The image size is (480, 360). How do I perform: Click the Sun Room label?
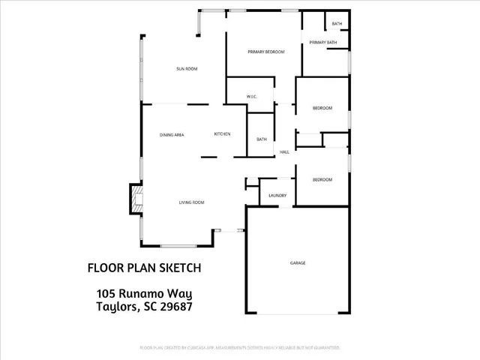tap(187, 69)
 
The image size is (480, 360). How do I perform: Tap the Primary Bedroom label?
tap(266, 52)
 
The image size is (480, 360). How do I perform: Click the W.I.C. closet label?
tap(253, 97)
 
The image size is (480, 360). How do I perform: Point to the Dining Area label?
tap(172, 134)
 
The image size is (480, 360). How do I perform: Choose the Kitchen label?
tap(222, 133)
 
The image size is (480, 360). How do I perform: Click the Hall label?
tap(284, 152)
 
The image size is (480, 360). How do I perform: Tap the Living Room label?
tap(191, 202)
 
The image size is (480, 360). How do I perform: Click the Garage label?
tap(298, 263)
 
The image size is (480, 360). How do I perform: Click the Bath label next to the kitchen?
tap(262, 139)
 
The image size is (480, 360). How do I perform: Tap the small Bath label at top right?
tap(337, 24)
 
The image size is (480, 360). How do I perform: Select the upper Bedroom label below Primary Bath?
tap(322, 109)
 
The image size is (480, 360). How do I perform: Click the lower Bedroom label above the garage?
tap(322, 180)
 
